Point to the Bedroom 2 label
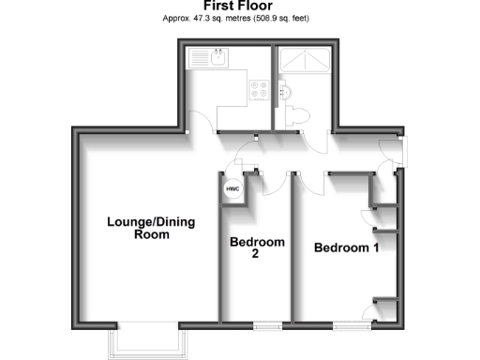tap(257, 247)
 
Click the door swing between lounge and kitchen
tap(199, 122)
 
